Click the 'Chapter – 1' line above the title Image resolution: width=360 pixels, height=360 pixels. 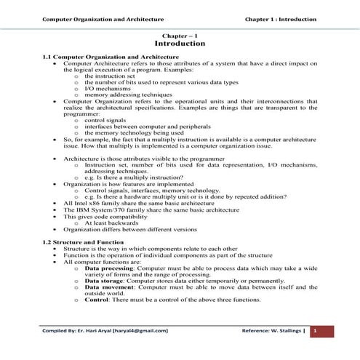click(x=180, y=35)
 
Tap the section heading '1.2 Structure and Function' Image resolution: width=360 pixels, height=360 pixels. click(x=83, y=241)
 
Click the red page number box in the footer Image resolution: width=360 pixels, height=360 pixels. click(x=316, y=331)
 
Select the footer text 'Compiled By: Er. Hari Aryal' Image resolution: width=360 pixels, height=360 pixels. click(x=105, y=331)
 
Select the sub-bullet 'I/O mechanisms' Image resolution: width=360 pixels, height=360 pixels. click(x=105, y=88)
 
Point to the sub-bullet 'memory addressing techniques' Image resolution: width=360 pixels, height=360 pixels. click(x=121, y=94)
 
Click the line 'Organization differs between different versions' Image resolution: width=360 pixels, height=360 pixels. click(x=130, y=228)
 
